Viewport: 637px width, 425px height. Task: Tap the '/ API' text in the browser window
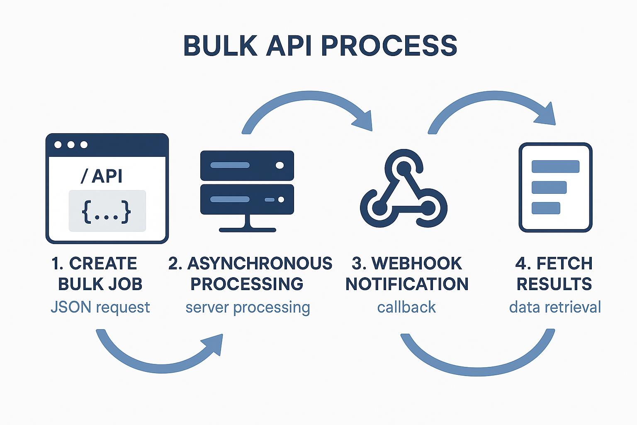(102, 176)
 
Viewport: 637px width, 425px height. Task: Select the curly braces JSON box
(107, 211)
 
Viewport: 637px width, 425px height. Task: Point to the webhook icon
(403, 189)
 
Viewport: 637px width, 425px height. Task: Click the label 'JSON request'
(100, 308)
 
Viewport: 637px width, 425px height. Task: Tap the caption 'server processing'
(248, 308)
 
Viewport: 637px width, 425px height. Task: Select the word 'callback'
(406, 308)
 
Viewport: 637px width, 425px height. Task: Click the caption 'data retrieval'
(555, 308)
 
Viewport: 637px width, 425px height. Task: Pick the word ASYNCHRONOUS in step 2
(260, 264)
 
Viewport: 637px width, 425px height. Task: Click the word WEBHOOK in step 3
(416, 264)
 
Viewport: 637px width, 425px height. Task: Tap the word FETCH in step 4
(564, 264)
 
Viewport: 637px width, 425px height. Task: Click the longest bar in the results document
(555, 166)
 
